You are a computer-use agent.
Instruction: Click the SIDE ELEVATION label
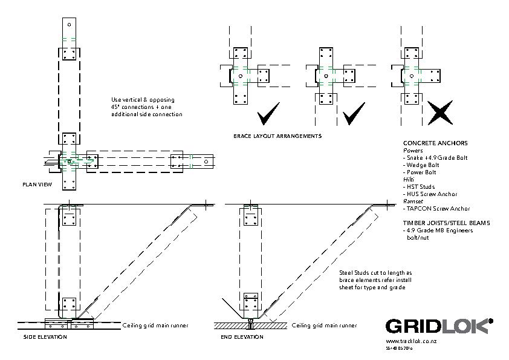45,337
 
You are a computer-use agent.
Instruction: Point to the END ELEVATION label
242,337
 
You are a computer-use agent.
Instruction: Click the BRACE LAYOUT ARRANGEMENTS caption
277,136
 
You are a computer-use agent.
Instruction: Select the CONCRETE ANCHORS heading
435,143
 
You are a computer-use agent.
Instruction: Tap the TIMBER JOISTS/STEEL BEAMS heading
446,223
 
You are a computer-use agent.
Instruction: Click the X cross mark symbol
439,113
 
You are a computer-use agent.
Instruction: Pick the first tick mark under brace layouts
267,113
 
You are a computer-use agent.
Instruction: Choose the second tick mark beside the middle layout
354,113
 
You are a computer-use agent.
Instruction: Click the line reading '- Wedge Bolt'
421,165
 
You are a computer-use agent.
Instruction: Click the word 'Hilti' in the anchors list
409,180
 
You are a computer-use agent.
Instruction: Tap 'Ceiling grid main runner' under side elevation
155,326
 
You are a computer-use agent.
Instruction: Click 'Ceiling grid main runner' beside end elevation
324,326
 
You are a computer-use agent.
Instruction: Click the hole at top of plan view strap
70,25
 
